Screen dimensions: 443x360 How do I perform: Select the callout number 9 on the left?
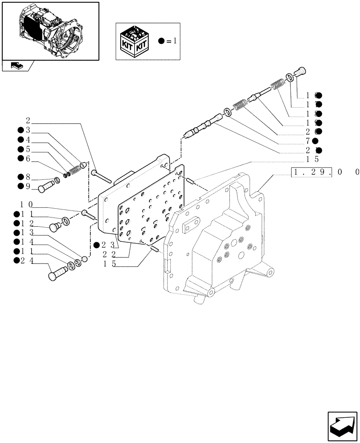[27, 186]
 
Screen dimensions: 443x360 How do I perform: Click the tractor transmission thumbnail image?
[50, 31]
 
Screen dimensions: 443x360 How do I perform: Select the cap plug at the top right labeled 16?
[301, 71]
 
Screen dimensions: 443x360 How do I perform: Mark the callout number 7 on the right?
[309, 141]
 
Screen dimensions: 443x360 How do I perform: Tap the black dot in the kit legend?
[162, 41]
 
